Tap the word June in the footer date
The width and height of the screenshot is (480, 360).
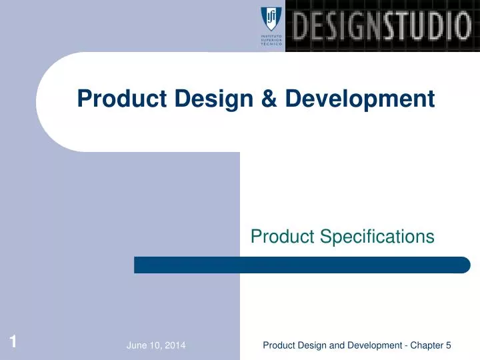pos(137,345)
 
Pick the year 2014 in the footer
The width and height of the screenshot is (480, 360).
pos(175,345)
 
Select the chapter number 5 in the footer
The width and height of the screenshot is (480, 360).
pos(449,345)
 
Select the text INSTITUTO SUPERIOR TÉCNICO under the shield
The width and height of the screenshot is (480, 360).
pos(271,40)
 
